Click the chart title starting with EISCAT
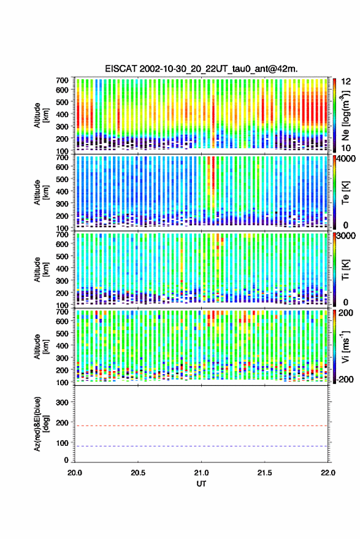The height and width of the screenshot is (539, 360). click(x=201, y=69)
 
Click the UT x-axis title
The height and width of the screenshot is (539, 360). click(x=201, y=484)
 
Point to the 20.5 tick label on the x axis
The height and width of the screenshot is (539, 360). click(x=138, y=473)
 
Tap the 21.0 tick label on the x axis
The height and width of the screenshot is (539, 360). click(x=201, y=473)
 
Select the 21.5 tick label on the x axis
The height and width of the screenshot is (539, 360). click(x=264, y=473)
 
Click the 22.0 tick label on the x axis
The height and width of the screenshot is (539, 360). click(x=327, y=473)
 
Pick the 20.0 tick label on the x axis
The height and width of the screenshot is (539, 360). click(x=75, y=473)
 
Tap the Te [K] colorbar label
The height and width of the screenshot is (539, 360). click(x=345, y=193)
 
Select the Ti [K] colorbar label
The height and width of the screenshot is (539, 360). click(x=345, y=270)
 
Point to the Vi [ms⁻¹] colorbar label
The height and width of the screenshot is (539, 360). click(x=345, y=347)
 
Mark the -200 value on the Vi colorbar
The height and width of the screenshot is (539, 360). click(x=345, y=379)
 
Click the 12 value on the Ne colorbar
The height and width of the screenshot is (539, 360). click(x=347, y=82)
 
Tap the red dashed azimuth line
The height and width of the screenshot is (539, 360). click(x=201, y=426)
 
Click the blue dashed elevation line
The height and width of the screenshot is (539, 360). click(x=201, y=446)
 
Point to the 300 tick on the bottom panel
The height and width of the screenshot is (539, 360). click(x=62, y=402)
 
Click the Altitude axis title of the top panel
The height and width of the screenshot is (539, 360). click(x=42, y=115)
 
